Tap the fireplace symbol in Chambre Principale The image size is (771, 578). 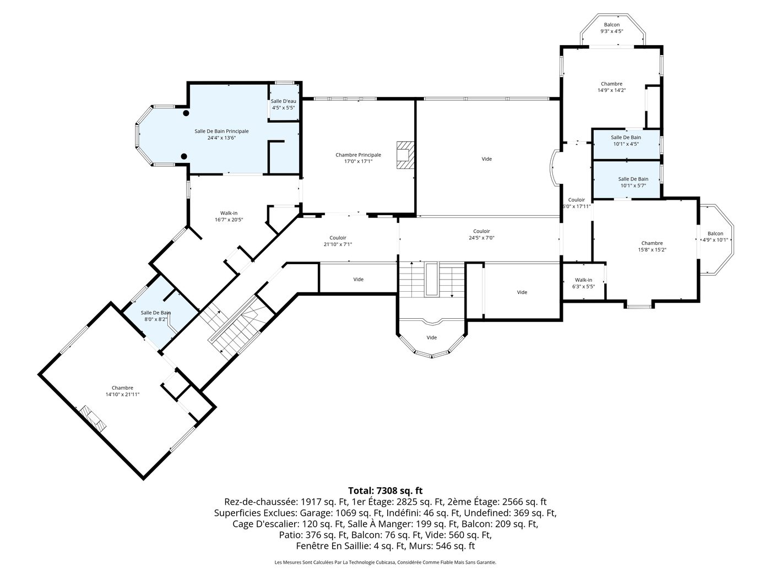click(405, 155)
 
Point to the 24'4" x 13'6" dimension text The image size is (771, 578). click(221, 138)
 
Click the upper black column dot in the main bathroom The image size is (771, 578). click(186, 113)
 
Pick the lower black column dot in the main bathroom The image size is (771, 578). click(184, 156)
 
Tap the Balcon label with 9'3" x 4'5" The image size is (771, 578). click(612, 28)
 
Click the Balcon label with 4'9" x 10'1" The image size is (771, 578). click(715, 237)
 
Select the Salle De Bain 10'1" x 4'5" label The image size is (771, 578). click(626, 140)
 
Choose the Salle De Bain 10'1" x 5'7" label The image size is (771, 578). click(633, 182)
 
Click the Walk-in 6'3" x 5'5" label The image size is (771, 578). click(583, 283)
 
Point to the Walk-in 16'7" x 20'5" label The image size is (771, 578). click(229, 216)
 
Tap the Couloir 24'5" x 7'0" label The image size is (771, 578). click(481, 234)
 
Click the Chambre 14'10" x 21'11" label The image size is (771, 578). click(122, 391)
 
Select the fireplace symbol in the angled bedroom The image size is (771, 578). click(93, 419)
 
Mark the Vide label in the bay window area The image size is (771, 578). click(432, 337)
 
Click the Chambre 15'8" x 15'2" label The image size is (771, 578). click(652, 247)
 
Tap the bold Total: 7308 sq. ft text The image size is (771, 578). click(385, 490)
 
